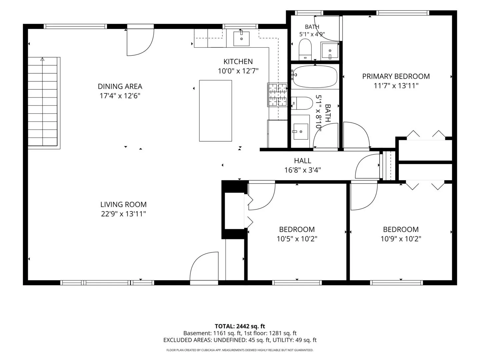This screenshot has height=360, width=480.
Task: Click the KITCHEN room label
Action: (x=238, y=62)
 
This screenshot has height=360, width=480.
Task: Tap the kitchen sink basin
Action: (x=241, y=39)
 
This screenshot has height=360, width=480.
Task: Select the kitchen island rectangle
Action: (x=215, y=111)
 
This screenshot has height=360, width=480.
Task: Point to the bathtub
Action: (x=315, y=77)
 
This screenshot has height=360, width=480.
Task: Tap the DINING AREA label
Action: (x=120, y=87)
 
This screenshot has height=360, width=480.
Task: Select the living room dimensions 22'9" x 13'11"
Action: (x=123, y=214)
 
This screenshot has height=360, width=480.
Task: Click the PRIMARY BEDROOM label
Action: (x=396, y=76)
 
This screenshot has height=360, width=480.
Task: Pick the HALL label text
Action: (x=302, y=161)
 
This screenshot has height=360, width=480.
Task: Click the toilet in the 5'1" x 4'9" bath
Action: (x=305, y=49)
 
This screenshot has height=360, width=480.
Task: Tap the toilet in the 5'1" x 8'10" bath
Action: (x=302, y=103)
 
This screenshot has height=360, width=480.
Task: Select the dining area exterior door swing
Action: (x=140, y=42)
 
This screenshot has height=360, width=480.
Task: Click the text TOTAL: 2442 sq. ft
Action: (x=240, y=326)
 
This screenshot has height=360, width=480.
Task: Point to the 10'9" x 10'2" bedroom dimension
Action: (x=401, y=239)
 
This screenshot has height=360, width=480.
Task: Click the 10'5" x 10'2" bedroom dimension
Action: (x=297, y=239)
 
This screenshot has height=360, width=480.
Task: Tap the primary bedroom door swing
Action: (x=357, y=136)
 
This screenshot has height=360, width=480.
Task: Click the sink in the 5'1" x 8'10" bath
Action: (x=301, y=132)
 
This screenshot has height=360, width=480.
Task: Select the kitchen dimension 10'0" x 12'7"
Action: (x=238, y=71)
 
